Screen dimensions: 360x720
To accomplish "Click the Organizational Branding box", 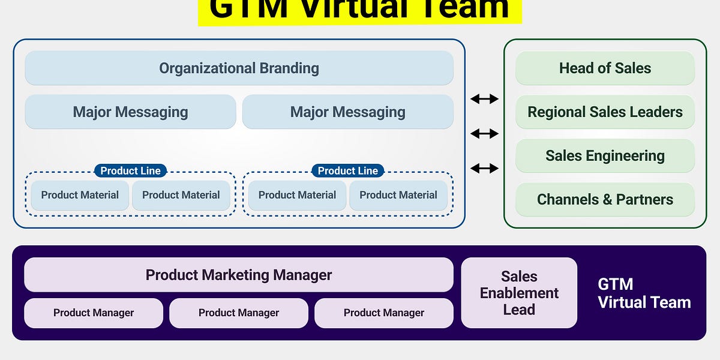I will pyautogui.click(x=239, y=68).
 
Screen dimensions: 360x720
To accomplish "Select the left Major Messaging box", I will pyautogui.click(x=130, y=112).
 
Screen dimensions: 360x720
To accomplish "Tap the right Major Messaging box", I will pyautogui.click(x=347, y=112).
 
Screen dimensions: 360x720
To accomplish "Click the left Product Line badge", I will pyautogui.click(x=130, y=171).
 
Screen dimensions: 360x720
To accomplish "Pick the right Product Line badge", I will pyautogui.click(x=347, y=171).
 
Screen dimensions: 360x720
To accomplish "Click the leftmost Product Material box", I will pyautogui.click(x=80, y=195).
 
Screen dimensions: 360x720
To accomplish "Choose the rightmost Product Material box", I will pyautogui.click(x=398, y=195).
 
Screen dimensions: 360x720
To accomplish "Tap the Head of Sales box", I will pyautogui.click(x=605, y=68).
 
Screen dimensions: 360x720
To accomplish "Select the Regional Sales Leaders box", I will pyautogui.click(x=605, y=112).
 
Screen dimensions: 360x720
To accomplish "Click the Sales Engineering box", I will pyautogui.click(x=605, y=156).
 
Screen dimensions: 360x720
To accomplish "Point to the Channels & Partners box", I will pyautogui.click(x=605, y=199).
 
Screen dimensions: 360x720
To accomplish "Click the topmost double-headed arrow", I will pyautogui.click(x=484, y=99).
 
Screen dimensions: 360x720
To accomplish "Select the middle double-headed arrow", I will pyautogui.click(x=484, y=133).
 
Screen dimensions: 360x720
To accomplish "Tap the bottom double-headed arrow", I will pyautogui.click(x=484, y=169).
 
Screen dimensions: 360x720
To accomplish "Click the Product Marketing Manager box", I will pyautogui.click(x=239, y=275).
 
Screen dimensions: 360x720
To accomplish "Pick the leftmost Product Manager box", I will pyautogui.click(x=94, y=313).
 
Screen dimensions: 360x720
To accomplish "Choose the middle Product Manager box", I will pyautogui.click(x=239, y=313).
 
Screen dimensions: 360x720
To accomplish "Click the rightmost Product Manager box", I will pyautogui.click(x=384, y=313).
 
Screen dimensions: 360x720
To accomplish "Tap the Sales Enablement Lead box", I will pyautogui.click(x=519, y=293).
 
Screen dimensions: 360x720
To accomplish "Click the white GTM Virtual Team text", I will pyautogui.click(x=643, y=293).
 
